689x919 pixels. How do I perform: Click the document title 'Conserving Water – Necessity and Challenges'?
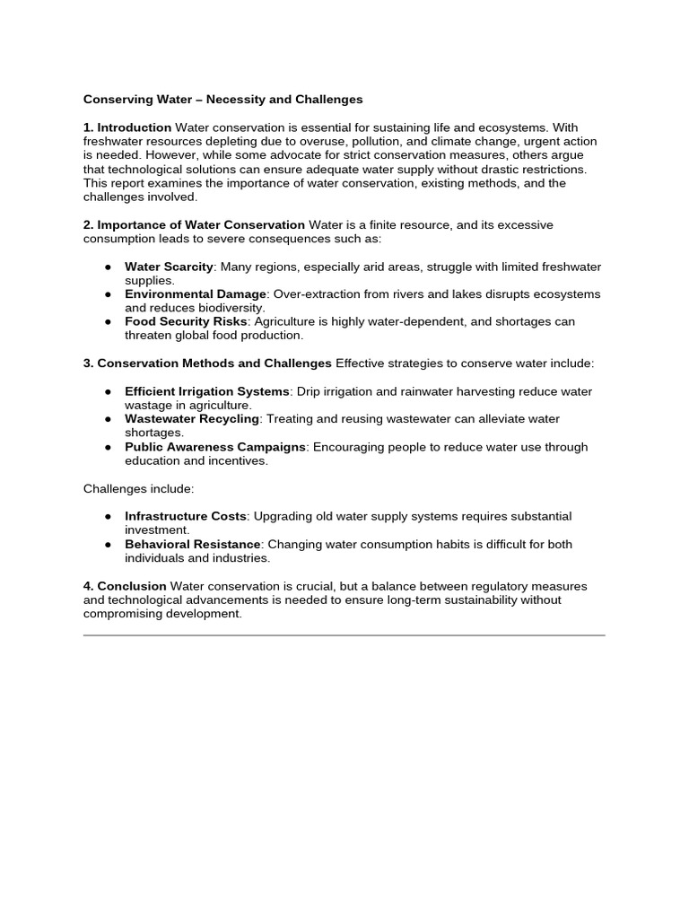click(x=222, y=100)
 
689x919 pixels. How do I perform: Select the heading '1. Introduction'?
click(x=127, y=127)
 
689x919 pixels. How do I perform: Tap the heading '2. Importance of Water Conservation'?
click(x=195, y=224)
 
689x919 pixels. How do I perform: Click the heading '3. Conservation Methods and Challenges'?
click(x=207, y=363)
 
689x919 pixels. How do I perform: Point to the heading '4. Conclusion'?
click(x=125, y=586)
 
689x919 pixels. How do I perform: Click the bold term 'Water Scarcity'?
click(x=169, y=267)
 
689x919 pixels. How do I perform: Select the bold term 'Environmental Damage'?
click(x=196, y=294)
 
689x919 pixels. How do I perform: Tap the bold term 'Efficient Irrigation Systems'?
click(x=207, y=391)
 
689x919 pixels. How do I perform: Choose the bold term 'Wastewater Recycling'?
click(x=192, y=419)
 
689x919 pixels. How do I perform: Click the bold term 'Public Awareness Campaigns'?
click(x=215, y=447)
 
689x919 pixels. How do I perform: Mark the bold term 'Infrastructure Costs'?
click(x=185, y=516)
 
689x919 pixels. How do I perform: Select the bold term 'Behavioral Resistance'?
click(x=193, y=544)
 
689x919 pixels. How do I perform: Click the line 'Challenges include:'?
click(x=138, y=488)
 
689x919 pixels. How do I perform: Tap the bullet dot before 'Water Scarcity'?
click(x=108, y=267)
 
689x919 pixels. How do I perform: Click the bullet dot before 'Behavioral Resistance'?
click(x=108, y=545)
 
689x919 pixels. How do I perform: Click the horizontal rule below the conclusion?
click(x=344, y=635)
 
